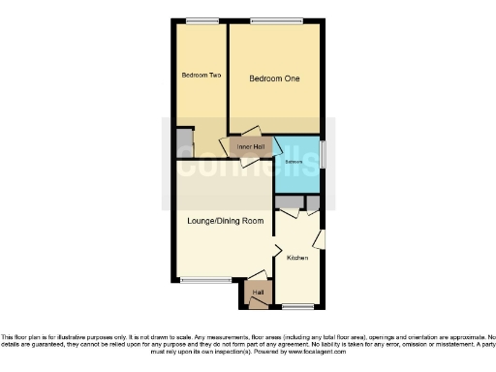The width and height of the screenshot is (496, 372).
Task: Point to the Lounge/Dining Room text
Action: click(x=226, y=221)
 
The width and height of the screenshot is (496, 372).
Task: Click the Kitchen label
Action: click(x=296, y=258)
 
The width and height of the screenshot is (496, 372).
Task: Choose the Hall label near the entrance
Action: click(x=258, y=291)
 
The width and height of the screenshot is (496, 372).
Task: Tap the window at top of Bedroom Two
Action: click(x=201, y=21)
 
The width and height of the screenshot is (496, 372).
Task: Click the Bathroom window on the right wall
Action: click(x=324, y=155)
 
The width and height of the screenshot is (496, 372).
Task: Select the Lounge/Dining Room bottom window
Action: click(x=199, y=281)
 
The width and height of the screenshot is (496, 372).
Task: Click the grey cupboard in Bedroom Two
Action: click(x=183, y=142)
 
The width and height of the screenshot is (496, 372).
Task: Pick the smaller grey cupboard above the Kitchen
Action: click(x=313, y=201)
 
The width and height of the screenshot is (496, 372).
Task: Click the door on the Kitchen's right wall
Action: click(x=320, y=237)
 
